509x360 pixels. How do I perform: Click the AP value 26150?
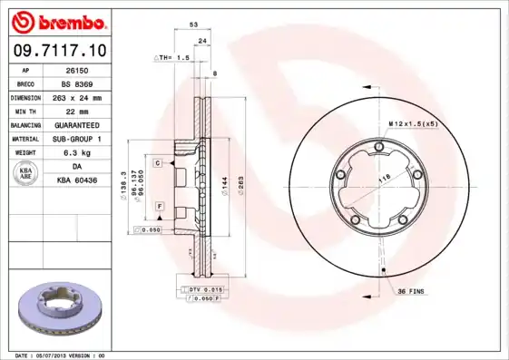coord(76,69)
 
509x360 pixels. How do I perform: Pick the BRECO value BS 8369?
coord(76,83)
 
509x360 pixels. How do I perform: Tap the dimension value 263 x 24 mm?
coord(76,96)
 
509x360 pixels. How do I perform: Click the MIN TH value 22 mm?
coord(76,110)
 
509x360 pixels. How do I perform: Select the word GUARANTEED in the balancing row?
coord(76,124)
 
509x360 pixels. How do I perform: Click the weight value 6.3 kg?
coord(76,152)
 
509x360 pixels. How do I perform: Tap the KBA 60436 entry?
coord(76,180)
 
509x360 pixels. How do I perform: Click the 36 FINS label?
coord(409,290)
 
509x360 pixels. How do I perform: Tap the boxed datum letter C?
coord(157,162)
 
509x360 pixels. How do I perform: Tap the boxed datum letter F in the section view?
coord(159,208)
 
